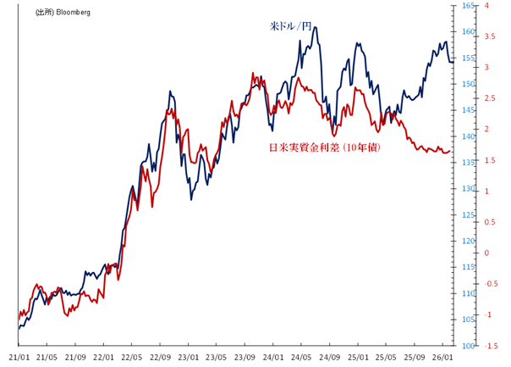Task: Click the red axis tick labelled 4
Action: (486, 6)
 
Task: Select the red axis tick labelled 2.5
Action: (488, 98)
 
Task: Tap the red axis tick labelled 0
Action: (486, 253)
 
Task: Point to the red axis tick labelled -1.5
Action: (488, 346)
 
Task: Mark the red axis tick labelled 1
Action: (486, 191)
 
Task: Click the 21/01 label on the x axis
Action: (19, 357)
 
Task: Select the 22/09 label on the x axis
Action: (160, 357)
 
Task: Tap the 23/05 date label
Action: (217, 357)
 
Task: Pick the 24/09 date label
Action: (330, 357)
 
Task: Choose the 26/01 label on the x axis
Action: (443, 357)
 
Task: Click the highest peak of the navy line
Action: (315, 27)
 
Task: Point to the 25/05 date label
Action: (387, 357)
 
